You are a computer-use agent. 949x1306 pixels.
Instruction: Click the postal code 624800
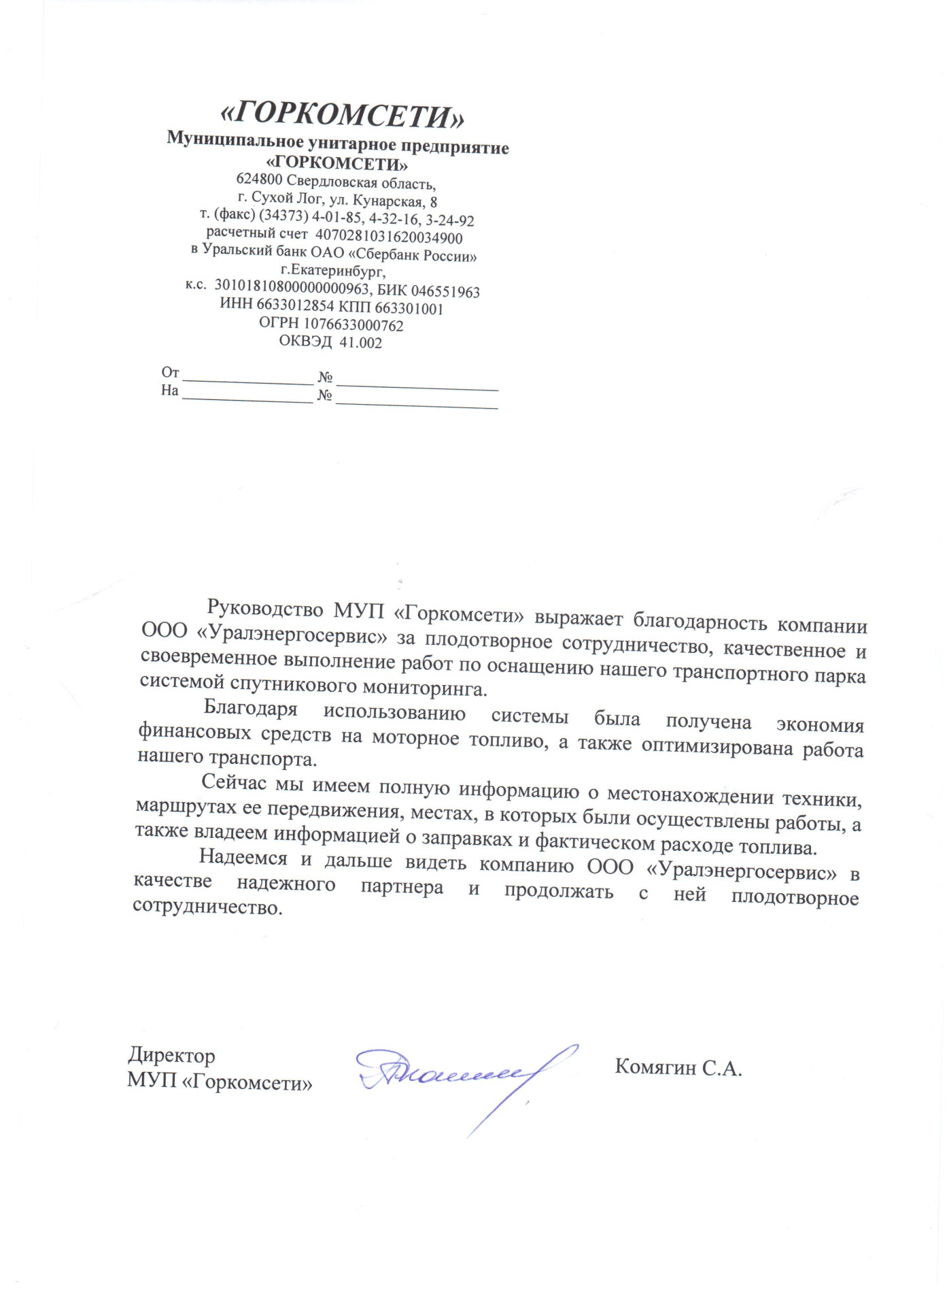tap(259, 180)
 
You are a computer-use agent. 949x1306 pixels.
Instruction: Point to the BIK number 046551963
tap(445, 292)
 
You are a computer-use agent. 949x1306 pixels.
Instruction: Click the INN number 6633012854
tap(296, 305)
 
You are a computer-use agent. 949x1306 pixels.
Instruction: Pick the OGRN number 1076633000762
tap(353, 325)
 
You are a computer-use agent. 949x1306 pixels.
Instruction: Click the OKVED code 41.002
tap(360, 343)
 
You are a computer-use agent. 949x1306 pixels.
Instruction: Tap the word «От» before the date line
tap(170, 372)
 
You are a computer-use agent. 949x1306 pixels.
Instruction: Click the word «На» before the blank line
tap(169, 390)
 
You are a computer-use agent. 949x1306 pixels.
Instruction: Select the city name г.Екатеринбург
tap(333, 271)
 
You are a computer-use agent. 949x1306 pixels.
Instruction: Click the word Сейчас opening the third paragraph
tap(234, 782)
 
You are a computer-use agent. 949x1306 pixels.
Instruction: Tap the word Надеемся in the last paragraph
tap(243, 858)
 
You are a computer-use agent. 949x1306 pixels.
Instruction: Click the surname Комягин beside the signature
tap(655, 1067)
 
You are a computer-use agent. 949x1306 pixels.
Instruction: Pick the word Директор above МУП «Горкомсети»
tap(171, 1055)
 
